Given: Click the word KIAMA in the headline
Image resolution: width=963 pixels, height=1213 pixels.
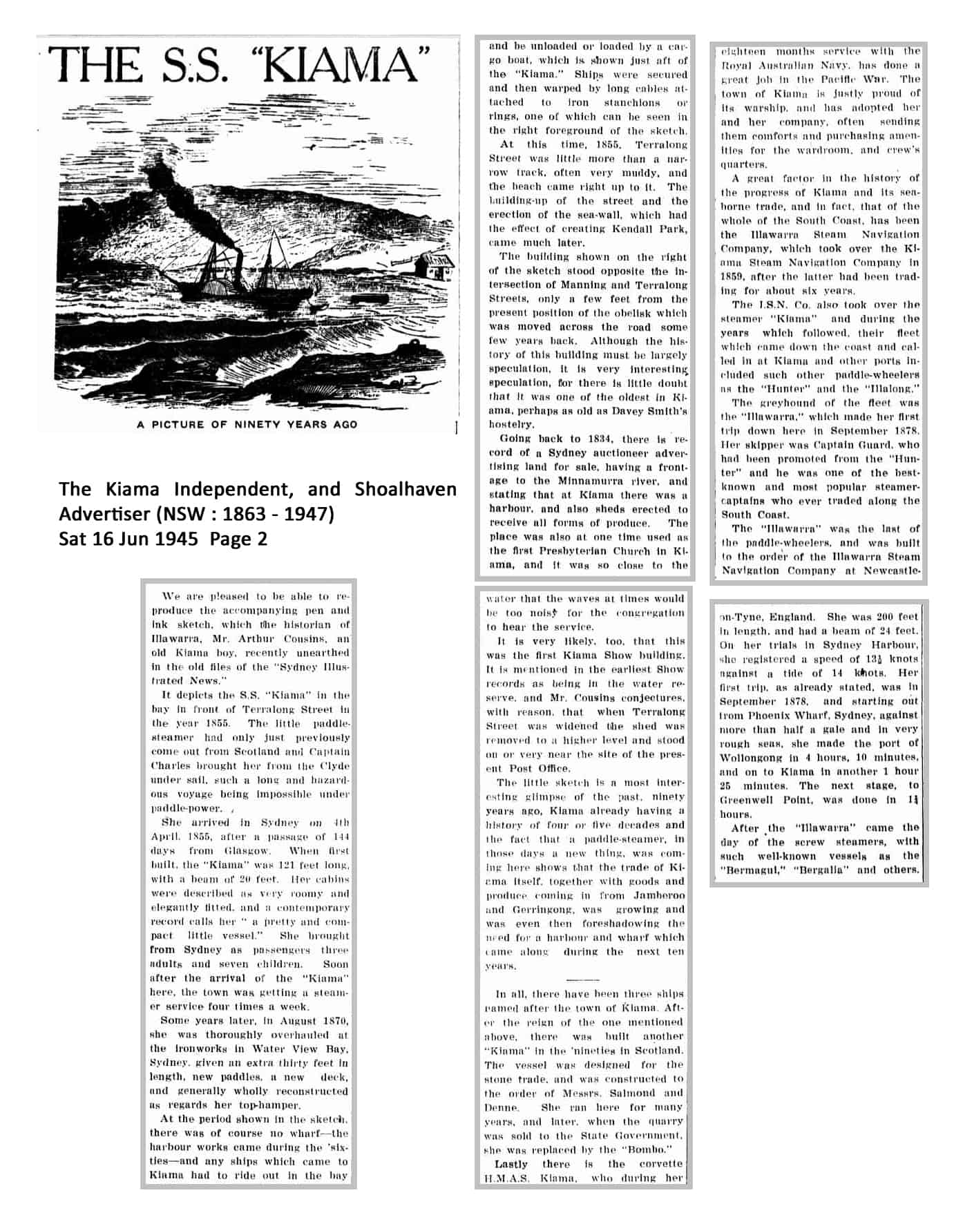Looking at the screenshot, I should tap(343, 67).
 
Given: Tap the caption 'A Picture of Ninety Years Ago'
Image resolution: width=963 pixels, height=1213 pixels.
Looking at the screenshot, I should tap(247, 424).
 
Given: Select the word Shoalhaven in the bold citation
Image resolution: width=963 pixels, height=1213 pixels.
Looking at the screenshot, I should tap(406, 489).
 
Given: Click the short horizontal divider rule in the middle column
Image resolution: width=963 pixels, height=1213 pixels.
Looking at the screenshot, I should tap(582, 980).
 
